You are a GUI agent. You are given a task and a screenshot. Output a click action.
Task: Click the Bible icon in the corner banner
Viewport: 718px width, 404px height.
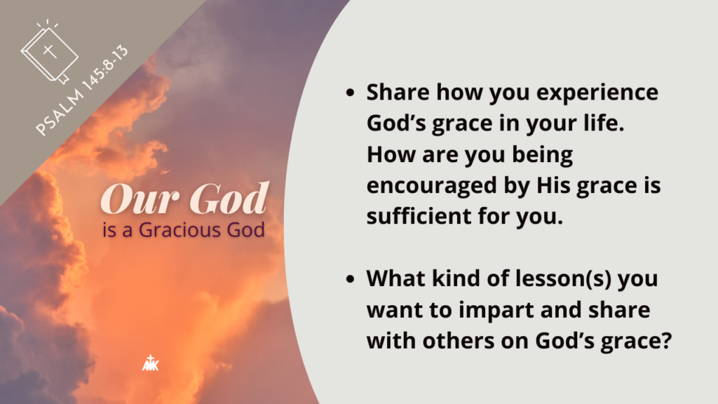(50, 51)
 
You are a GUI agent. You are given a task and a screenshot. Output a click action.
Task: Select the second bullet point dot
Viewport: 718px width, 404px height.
(351, 278)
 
